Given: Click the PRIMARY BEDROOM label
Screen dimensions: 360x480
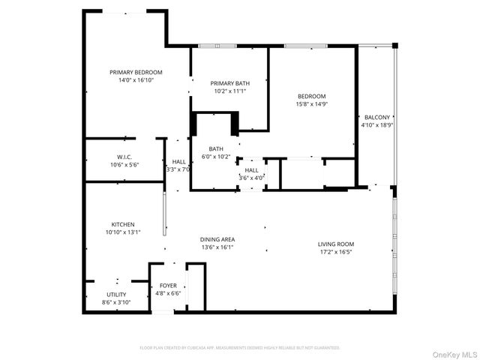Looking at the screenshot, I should (x=136, y=73).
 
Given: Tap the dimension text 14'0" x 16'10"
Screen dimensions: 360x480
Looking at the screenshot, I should (x=136, y=80).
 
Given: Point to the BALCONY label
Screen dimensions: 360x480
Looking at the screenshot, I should (x=377, y=118).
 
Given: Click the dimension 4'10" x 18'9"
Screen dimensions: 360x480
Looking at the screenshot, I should (x=377, y=125).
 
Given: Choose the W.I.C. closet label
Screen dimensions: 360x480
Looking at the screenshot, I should (x=124, y=157).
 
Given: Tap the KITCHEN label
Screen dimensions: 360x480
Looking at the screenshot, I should (x=123, y=224).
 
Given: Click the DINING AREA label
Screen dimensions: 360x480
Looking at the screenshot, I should (x=218, y=239).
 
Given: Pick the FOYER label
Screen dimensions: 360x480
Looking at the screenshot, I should (x=168, y=286).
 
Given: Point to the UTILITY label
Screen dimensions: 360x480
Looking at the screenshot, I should (x=116, y=295).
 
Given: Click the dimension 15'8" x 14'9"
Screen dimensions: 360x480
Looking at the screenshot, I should (x=311, y=104).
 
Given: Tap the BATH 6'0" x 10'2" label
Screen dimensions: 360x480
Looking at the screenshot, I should (x=216, y=153).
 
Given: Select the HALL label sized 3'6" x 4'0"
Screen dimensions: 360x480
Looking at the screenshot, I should (x=251, y=174).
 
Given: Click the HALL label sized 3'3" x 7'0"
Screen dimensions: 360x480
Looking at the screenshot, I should (x=178, y=165).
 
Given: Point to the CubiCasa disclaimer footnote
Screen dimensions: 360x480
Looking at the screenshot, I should (x=240, y=348).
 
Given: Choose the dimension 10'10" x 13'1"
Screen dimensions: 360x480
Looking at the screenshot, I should (x=123, y=232).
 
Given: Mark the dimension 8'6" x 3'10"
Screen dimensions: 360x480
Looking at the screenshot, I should (x=116, y=302).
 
